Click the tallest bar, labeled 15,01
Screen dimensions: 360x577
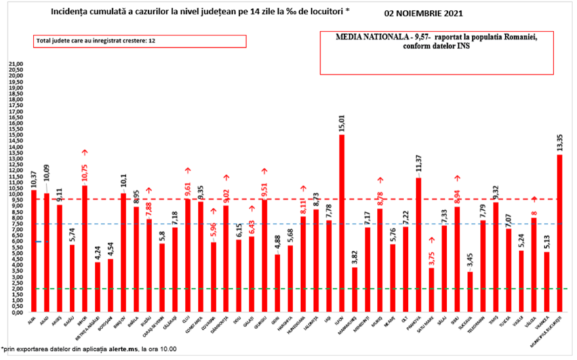(x=342, y=223)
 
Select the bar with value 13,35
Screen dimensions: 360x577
(x=559, y=233)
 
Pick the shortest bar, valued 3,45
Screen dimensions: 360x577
(x=469, y=291)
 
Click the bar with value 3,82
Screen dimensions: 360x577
(x=355, y=289)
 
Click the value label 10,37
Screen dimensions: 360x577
(x=33, y=176)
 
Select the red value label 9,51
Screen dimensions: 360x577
(x=265, y=186)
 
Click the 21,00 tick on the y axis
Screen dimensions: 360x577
(x=15, y=64)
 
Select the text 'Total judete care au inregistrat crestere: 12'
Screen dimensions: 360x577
(x=96, y=41)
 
